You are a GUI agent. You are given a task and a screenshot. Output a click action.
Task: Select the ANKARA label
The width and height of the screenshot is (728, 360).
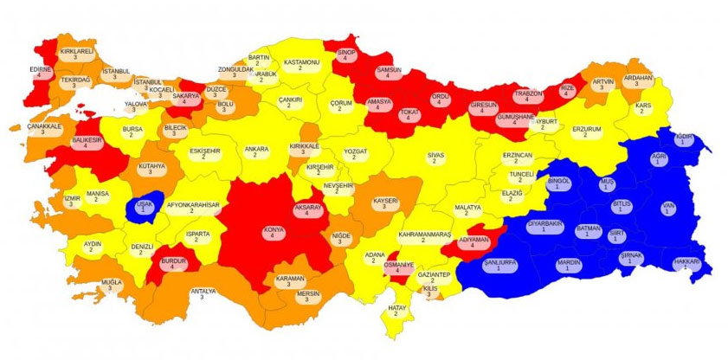[x=256, y=153]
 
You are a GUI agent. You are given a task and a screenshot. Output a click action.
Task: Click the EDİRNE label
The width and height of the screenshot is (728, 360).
[x=41, y=72]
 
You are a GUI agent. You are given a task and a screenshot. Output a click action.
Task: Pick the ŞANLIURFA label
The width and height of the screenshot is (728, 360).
[x=500, y=264]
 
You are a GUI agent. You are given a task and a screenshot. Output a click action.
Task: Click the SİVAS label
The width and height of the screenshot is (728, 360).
[x=436, y=158]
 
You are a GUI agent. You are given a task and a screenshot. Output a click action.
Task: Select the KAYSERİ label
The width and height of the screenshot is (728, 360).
[x=385, y=204]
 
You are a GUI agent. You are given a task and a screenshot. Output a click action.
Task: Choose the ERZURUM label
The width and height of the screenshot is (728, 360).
[x=586, y=132]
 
